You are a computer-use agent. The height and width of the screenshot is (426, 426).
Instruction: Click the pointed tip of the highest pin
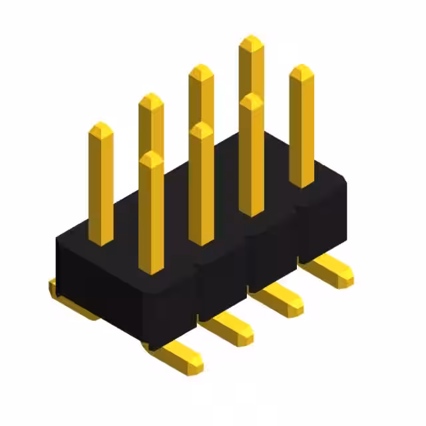(251, 40)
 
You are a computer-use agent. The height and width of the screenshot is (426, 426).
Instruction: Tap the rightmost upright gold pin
(302, 126)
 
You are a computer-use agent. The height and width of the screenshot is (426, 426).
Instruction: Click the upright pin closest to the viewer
(152, 213)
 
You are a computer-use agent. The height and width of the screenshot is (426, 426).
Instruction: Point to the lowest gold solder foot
(176, 356)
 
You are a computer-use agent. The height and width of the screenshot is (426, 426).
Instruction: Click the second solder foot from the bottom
(230, 326)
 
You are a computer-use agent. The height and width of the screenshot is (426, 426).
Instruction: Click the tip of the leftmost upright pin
(101, 126)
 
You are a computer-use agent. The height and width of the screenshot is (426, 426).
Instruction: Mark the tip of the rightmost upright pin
(302, 69)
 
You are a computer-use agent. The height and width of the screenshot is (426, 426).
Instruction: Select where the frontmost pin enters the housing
(152, 269)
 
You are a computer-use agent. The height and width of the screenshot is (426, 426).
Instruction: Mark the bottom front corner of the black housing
(158, 346)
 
